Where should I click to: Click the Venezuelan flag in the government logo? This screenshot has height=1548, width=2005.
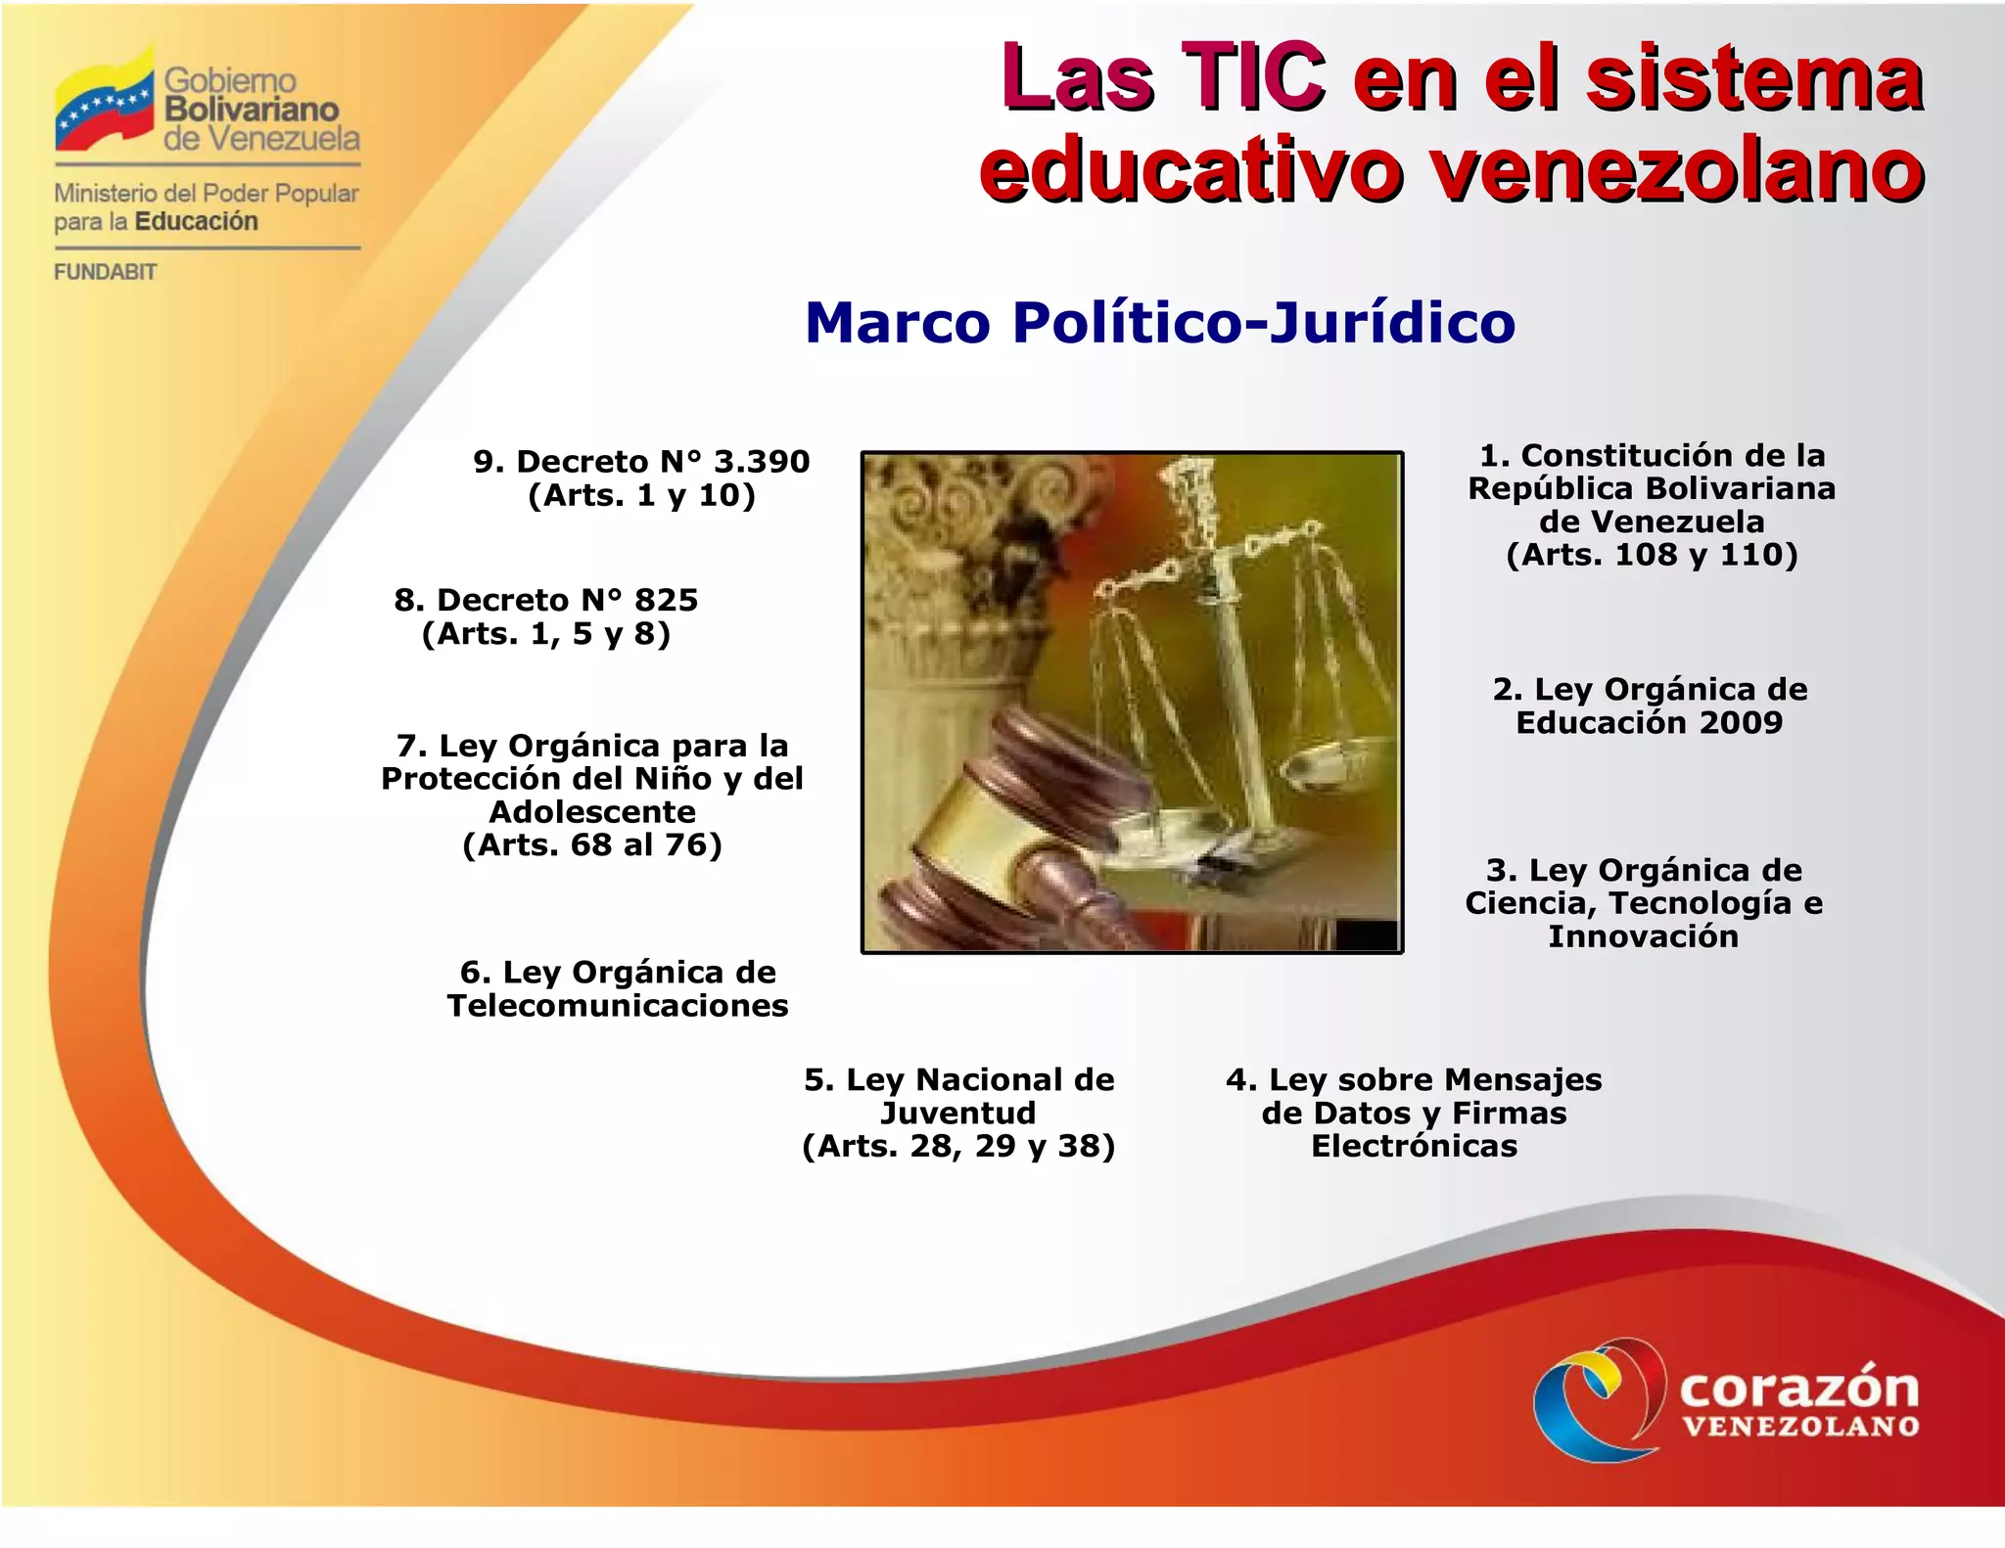click(104, 104)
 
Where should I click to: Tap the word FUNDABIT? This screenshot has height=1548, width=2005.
click(105, 272)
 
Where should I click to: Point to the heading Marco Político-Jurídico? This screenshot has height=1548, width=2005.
click(1159, 322)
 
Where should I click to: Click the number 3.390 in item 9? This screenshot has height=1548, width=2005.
click(761, 462)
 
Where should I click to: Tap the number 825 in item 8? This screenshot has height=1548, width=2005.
click(666, 600)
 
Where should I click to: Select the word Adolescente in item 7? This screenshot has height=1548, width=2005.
click(592, 812)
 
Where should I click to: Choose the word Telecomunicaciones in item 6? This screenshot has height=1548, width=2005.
click(618, 1006)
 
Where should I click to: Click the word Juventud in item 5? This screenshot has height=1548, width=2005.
click(957, 1114)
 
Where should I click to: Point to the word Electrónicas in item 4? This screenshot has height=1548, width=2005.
click(1414, 1146)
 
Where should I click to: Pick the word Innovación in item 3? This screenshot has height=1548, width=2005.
click(1643, 936)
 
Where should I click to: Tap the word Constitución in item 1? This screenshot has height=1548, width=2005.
click(1605, 456)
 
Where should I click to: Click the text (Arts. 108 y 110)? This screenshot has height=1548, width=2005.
click(1652, 555)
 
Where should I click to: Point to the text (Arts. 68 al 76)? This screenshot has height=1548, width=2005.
click(592, 844)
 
